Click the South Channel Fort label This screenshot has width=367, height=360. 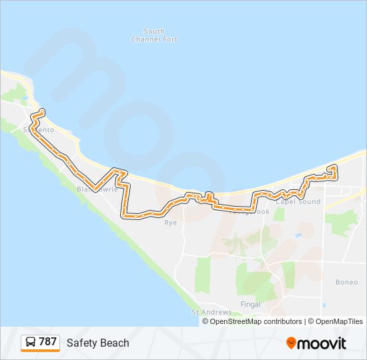point(154,35)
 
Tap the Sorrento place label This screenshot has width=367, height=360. point(38,129)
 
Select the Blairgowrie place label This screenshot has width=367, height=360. point(97,189)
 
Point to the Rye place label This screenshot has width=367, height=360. point(171,223)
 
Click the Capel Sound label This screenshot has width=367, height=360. point(298,201)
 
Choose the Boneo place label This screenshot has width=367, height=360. point(346,282)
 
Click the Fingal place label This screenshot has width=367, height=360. point(250,305)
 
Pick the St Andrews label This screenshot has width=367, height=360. point(212,312)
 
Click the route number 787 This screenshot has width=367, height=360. point(47,342)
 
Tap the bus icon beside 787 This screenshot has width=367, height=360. point(31,343)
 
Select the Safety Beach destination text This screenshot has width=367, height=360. point(97,343)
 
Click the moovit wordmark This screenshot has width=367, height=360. point(322,343)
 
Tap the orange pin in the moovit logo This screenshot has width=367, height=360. point(291,343)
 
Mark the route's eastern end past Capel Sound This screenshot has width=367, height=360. point(334,167)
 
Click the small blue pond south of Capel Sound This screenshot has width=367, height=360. point(298,235)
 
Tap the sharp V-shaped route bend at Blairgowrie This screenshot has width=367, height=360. point(94,186)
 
